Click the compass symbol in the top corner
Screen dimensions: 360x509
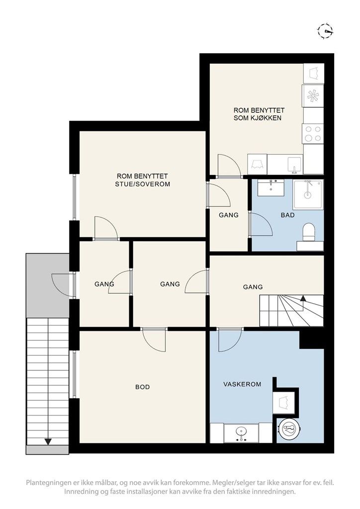coord(325,31)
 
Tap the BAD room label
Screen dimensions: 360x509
coord(287,215)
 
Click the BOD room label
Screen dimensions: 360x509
coord(143,387)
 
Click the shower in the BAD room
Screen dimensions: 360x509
coord(308,195)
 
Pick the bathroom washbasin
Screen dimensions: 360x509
coord(270,188)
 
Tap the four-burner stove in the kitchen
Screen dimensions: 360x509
coord(313,134)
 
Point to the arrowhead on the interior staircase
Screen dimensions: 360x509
coord(303,298)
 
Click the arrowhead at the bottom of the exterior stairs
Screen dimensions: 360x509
coord(48,441)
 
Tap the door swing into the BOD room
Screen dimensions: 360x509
coord(155,340)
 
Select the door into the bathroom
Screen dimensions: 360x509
coord(261,224)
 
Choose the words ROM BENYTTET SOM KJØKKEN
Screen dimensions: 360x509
coord(259,114)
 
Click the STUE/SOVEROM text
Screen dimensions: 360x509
coord(143,184)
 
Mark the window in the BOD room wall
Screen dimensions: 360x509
coord(75,374)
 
